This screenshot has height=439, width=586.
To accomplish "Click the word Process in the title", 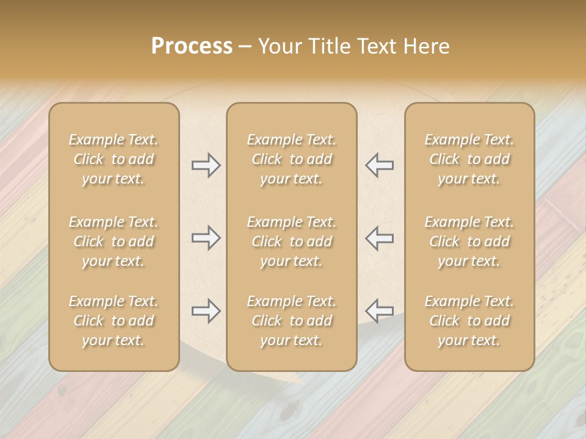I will click(x=192, y=46).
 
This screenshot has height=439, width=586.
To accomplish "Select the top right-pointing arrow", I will click(x=206, y=165).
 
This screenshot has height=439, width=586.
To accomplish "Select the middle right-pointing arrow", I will click(x=206, y=238).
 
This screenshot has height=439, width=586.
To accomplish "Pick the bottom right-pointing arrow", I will click(x=206, y=311).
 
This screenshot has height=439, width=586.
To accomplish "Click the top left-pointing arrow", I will click(x=379, y=165).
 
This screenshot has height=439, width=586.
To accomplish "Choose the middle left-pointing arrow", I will click(x=379, y=238).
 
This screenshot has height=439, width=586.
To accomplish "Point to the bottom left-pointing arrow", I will click(x=379, y=311).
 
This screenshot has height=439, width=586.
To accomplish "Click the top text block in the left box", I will click(x=114, y=159).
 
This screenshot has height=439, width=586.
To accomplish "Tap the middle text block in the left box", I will click(x=114, y=241).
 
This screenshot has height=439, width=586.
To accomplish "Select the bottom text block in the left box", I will click(x=114, y=321).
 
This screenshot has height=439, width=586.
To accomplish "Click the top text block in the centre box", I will click(x=292, y=159).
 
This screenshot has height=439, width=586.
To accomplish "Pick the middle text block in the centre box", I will click(x=292, y=241).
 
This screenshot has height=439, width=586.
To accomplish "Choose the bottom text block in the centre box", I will click(x=292, y=321).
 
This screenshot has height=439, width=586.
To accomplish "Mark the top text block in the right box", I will click(x=469, y=159).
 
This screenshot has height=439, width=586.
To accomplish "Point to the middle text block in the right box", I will click(x=469, y=241).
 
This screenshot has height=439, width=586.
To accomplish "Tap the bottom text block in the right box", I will click(x=469, y=321).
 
